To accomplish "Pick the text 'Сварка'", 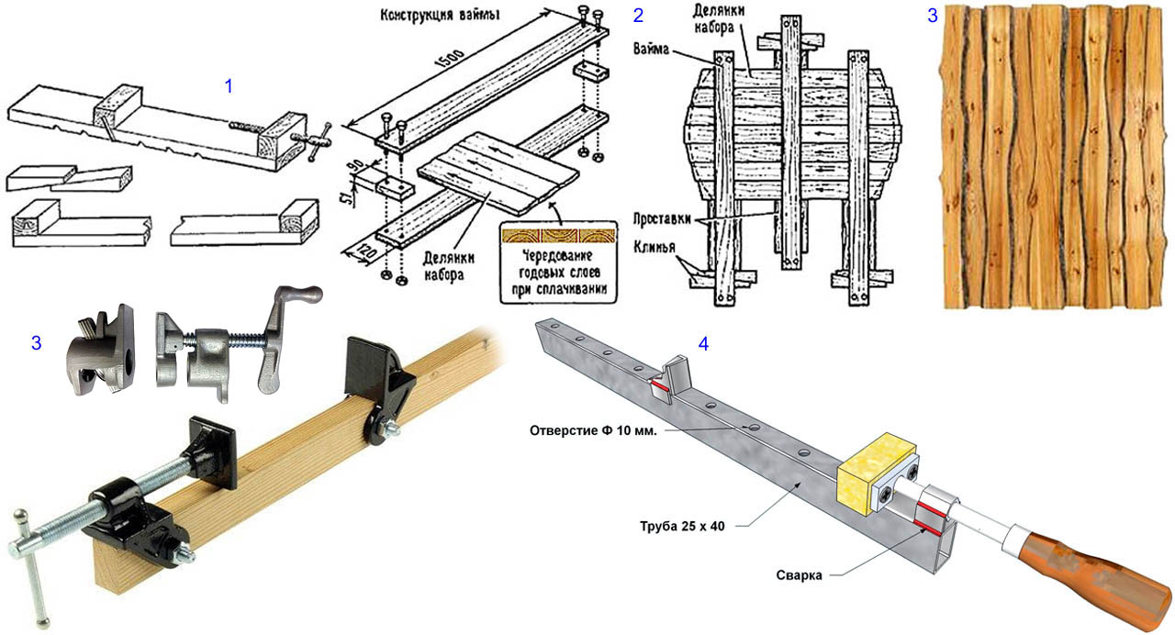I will [x=797, y=575].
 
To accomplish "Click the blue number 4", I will [x=703, y=344].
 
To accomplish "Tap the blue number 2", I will [x=638, y=15].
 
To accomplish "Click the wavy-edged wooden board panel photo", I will [x=1056, y=156].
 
